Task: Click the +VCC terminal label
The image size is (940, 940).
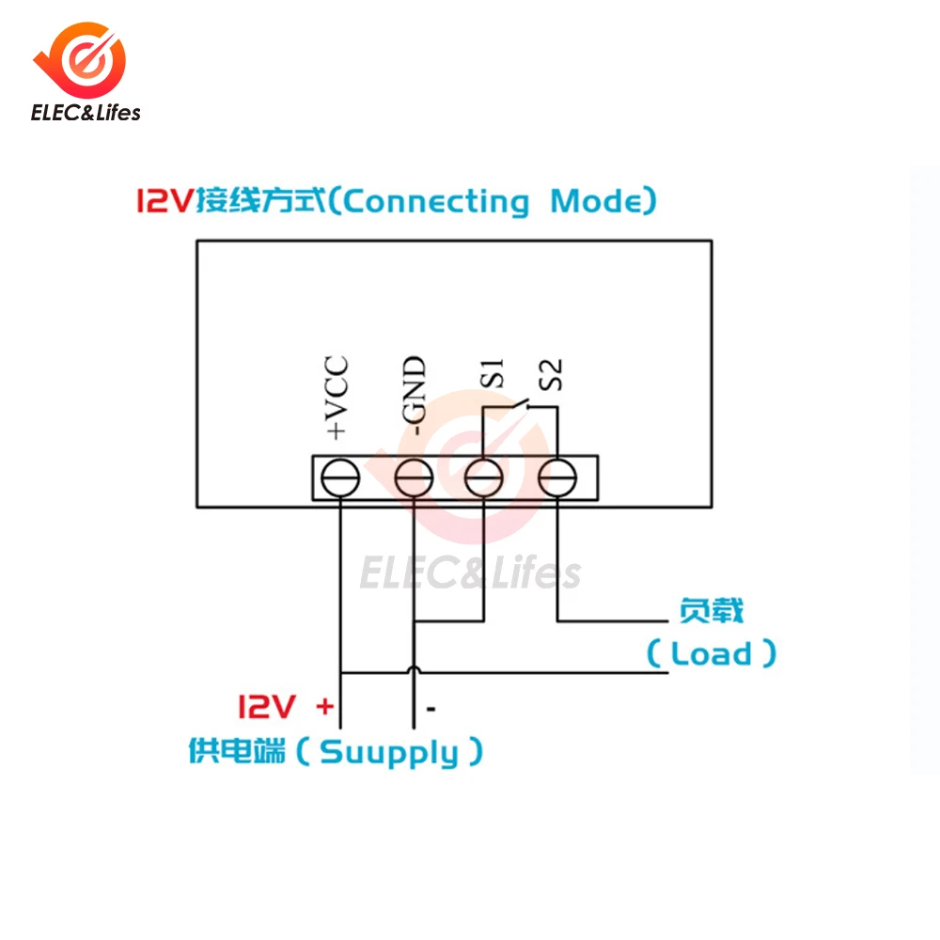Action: (337, 397)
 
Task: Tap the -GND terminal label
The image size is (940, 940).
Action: (414, 396)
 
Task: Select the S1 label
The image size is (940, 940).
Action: (493, 373)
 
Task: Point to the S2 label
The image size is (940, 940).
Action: (551, 374)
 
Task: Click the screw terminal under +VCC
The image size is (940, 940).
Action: (340, 478)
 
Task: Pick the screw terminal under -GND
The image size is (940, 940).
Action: (414, 478)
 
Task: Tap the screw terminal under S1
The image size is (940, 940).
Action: (484, 478)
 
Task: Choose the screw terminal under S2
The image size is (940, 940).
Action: (557, 478)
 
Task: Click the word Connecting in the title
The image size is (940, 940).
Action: (436, 201)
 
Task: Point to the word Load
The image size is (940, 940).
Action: (711, 653)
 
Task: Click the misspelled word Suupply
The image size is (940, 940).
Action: (389, 753)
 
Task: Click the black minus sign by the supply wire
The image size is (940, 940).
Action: (431, 709)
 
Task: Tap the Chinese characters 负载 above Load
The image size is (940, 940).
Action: (711, 611)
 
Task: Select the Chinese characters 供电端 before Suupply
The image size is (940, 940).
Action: (238, 750)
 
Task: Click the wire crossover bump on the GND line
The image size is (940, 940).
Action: (414, 669)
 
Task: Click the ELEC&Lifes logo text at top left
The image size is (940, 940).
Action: (86, 113)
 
